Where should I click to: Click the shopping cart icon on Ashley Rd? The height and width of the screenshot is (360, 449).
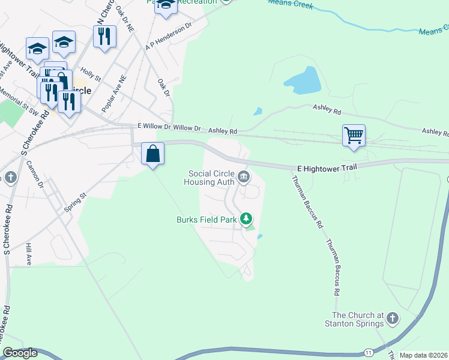click(354, 135)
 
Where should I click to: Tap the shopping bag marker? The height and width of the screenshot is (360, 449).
click(153, 153)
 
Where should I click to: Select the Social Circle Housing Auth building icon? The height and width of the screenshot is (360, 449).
click(244, 176)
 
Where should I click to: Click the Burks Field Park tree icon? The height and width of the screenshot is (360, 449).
click(246, 220)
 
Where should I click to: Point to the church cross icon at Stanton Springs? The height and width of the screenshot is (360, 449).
click(392, 318)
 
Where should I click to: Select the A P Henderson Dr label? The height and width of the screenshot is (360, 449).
click(169, 37)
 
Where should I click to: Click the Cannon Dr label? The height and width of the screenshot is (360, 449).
click(40, 177)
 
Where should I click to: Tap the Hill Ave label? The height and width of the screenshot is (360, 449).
click(28, 254)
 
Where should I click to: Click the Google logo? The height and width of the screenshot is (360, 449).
click(20, 353)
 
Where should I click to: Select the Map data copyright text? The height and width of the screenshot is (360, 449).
click(423, 355)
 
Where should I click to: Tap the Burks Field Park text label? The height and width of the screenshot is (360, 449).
click(206, 220)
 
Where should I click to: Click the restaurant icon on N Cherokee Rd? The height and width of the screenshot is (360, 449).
click(105, 37)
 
